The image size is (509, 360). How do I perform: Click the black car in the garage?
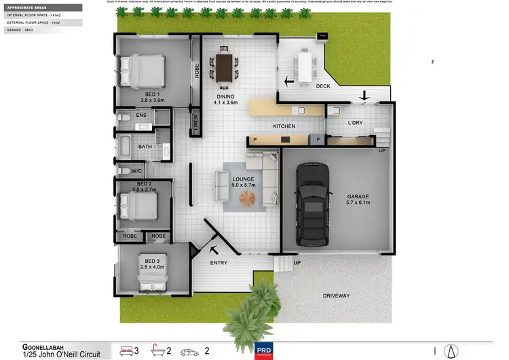[x=313, y=204]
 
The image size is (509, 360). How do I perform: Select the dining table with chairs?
[x=224, y=67]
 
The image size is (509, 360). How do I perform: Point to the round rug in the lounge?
[x=249, y=199]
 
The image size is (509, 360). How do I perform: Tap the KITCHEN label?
[x=284, y=126]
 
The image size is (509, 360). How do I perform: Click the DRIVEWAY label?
[x=337, y=295]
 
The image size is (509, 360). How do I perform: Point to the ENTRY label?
[x=219, y=263]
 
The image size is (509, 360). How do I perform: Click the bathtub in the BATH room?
[x=128, y=146]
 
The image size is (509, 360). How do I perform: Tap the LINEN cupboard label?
[x=195, y=124]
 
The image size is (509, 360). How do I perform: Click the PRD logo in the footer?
[x=263, y=351]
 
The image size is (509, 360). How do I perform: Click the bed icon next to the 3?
[x=127, y=350]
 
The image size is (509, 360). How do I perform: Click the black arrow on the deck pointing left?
[x=289, y=82]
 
